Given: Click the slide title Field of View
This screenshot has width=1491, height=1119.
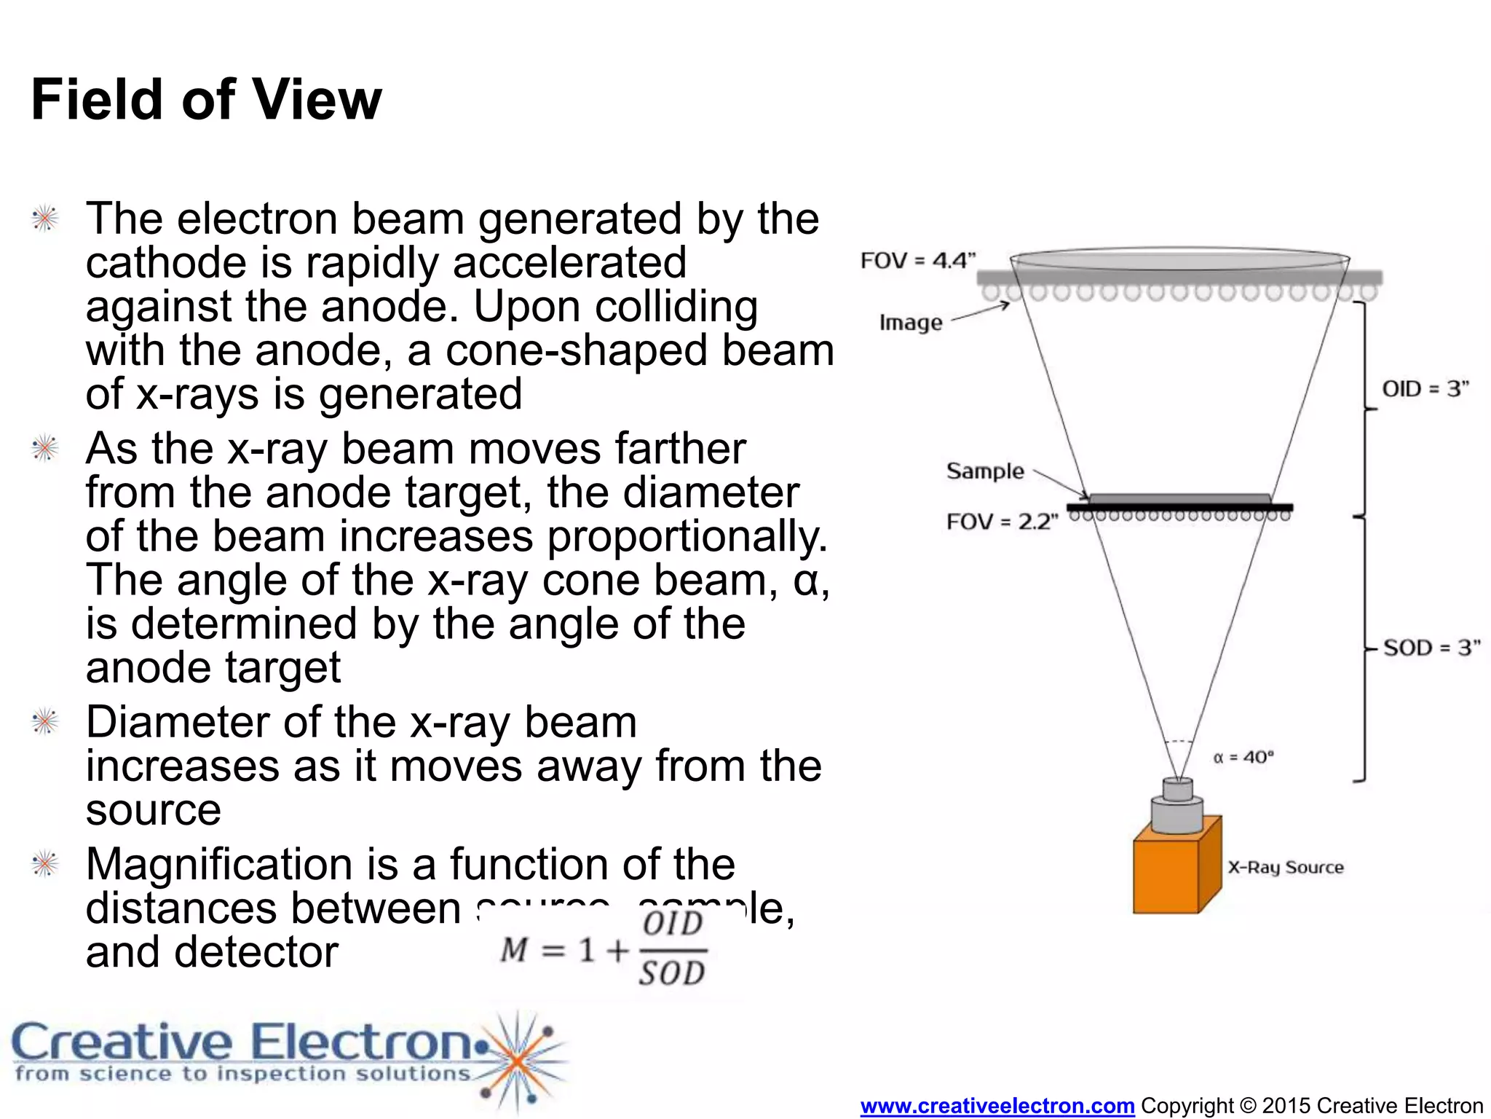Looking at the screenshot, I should [x=206, y=100].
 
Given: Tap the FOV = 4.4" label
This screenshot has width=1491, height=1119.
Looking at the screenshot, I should [x=917, y=261].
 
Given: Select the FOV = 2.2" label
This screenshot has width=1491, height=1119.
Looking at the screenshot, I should [x=1002, y=522].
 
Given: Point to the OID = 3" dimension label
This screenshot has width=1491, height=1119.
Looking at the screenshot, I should [x=1425, y=389].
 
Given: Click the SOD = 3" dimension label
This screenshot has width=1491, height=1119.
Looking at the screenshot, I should [x=1431, y=648].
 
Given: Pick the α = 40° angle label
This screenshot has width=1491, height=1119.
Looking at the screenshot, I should [x=1243, y=758].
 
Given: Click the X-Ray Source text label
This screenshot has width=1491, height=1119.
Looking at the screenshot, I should [x=1285, y=868].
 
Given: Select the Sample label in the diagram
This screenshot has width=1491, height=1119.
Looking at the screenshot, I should [x=984, y=471].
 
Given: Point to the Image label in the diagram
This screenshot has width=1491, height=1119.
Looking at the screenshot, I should [x=910, y=323].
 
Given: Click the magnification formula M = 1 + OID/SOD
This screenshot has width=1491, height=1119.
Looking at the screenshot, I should [x=603, y=949].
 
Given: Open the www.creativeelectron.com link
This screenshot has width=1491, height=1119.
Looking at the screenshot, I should [x=997, y=1106].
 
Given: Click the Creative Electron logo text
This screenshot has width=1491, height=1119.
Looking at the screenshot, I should [x=244, y=1043].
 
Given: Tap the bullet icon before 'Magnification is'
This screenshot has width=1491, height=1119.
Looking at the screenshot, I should [x=45, y=865].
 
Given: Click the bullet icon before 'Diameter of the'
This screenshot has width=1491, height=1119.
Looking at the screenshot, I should [x=45, y=722].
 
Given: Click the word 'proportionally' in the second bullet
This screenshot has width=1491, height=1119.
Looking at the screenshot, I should [x=687, y=537].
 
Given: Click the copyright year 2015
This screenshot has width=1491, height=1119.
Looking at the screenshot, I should [x=1286, y=1106].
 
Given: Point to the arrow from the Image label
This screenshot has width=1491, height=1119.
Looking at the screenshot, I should [x=980, y=312].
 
